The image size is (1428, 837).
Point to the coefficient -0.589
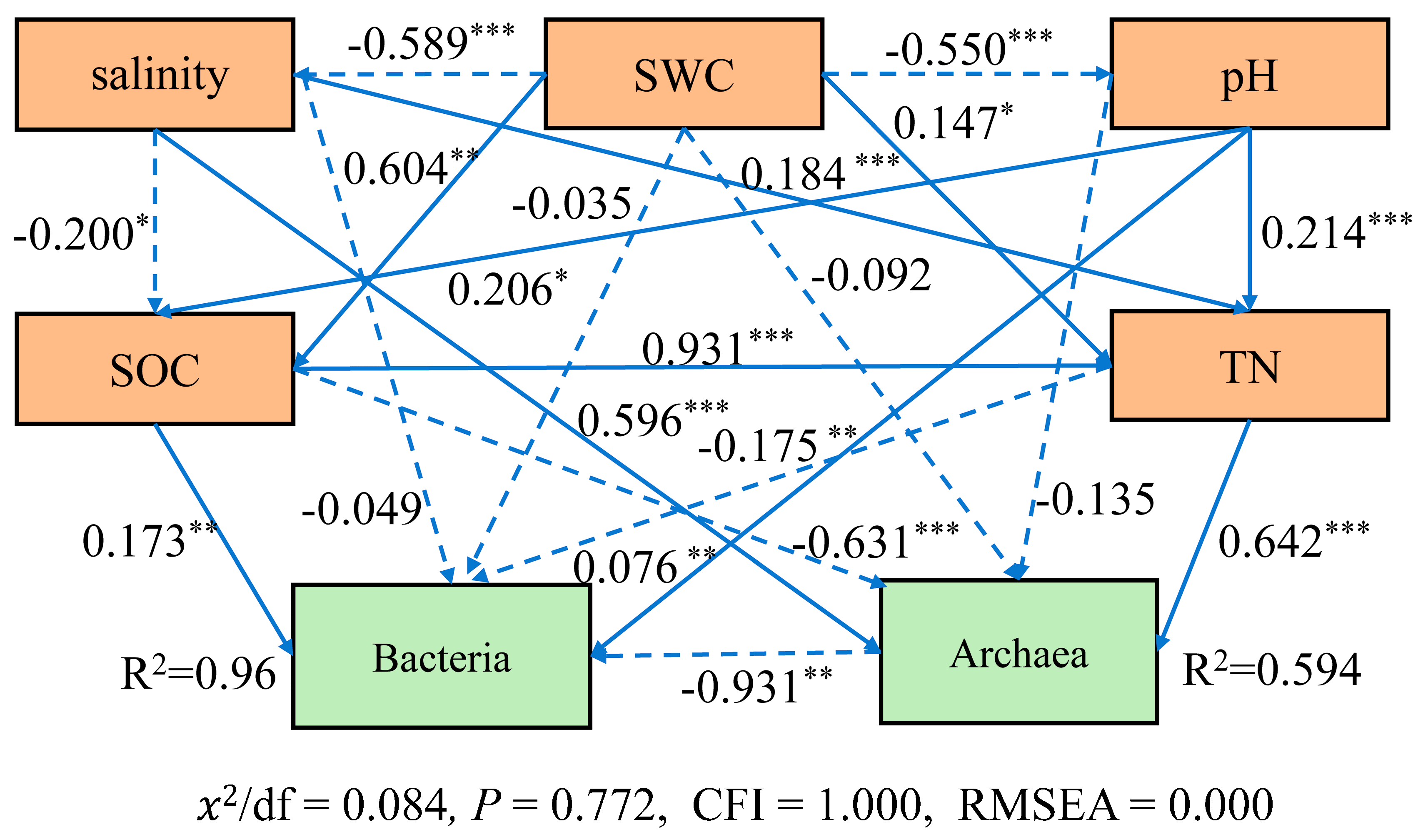[x=408, y=44]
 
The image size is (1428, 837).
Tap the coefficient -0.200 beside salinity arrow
[x=74, y=235]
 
